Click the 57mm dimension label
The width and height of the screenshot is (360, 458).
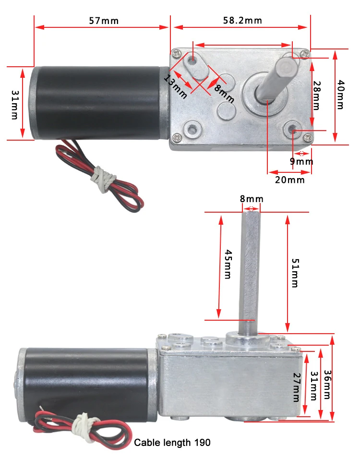(x=104, y=21)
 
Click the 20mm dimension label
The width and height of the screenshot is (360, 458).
(x=290, y=180)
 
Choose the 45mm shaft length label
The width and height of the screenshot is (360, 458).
(x=228, y=266)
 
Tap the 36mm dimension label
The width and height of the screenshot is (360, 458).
(x=327, y=384)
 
